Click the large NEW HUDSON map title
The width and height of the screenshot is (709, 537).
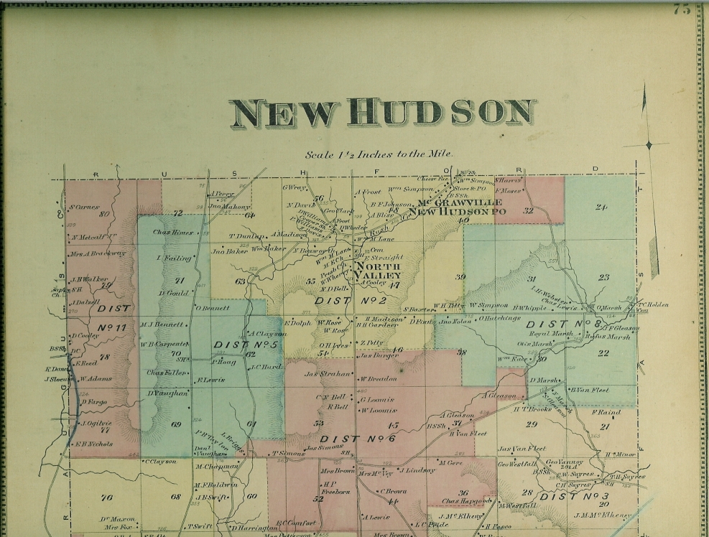383,113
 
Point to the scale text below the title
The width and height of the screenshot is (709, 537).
379,154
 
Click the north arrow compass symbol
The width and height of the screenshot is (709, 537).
648,145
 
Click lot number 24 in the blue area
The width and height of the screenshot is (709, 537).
601,207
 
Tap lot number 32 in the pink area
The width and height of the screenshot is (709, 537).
529,210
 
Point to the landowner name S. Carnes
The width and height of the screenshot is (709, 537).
83,207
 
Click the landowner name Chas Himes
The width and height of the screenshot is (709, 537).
173,233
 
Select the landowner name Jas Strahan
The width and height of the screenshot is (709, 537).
328,373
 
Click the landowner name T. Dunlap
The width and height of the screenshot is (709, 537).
246,235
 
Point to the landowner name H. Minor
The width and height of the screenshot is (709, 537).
620,454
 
